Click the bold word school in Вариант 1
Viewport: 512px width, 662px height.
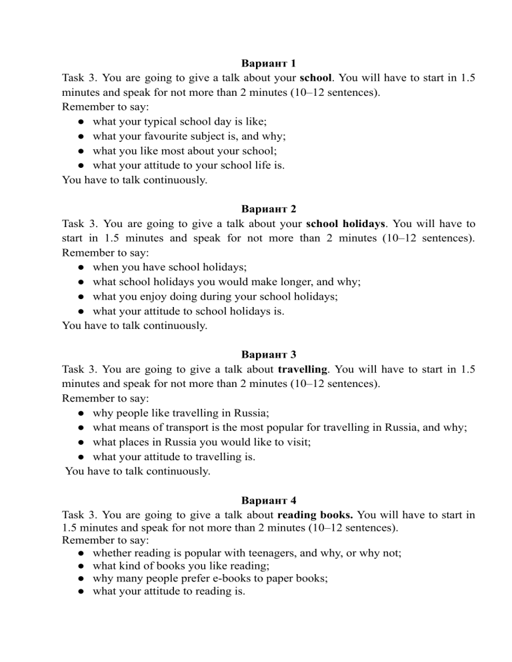point(316,79)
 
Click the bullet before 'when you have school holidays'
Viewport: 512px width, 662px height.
point(80,267)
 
